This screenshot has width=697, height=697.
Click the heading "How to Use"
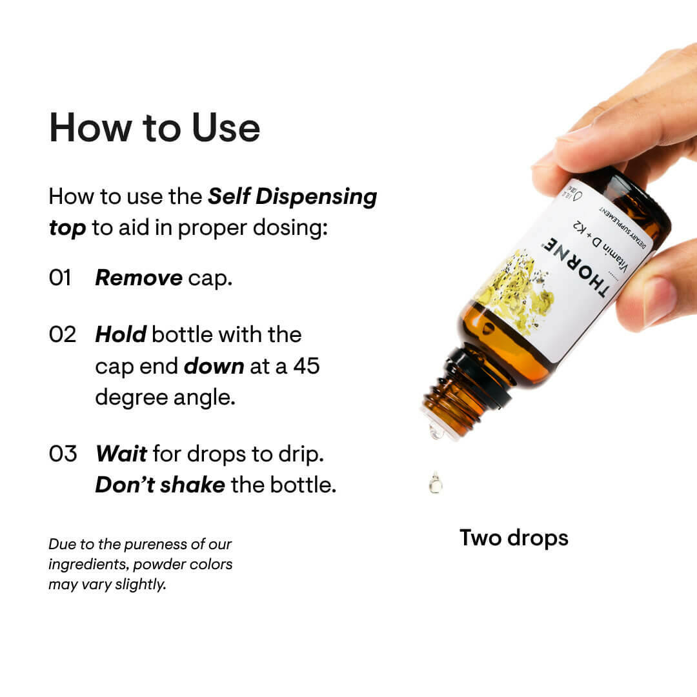[154, 128]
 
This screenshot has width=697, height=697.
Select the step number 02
[63, 334]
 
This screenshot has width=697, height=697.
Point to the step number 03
[63, 454]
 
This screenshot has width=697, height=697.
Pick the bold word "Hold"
[121, 334]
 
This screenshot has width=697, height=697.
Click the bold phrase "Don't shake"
[159, 485]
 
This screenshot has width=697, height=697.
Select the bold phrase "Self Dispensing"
[292, 197]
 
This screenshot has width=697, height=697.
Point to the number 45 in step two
[307, 366]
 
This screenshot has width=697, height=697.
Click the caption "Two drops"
[514, 537]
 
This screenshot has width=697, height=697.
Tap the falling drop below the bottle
[435, 483]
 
